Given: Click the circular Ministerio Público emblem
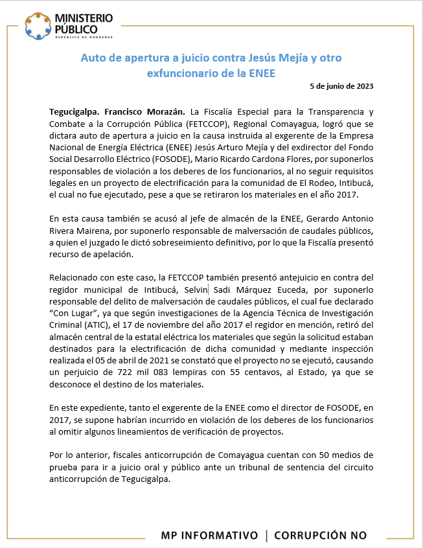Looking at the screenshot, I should (38, 25).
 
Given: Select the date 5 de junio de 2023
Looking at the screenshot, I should (341, 86).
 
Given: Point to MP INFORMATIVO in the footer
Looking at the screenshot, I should (212, 535).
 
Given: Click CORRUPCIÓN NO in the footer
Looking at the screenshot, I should (320, 535).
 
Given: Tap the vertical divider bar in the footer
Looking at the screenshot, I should (266, 535).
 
